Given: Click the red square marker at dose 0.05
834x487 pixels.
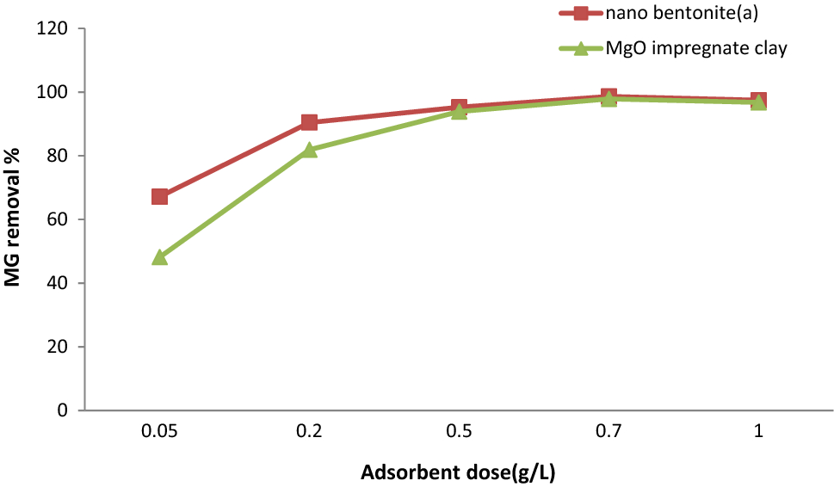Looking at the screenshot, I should (159, 197).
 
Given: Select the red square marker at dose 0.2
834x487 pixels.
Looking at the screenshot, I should (309, 123).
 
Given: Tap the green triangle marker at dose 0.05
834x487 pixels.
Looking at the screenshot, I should (159, 257).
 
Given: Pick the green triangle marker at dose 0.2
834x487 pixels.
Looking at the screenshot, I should (309, 150).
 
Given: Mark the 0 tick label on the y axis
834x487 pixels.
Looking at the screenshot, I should (64, 410).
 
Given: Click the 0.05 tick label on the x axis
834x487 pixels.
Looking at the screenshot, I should (159, 432).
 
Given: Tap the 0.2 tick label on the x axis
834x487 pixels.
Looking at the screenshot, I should (309, 432).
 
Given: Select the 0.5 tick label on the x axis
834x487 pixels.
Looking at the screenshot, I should (459, 432).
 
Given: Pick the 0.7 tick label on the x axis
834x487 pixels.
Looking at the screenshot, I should (609, 432).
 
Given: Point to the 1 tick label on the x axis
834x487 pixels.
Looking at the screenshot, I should (758, 432).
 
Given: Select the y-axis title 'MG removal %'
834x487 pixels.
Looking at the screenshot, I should (15, 219).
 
